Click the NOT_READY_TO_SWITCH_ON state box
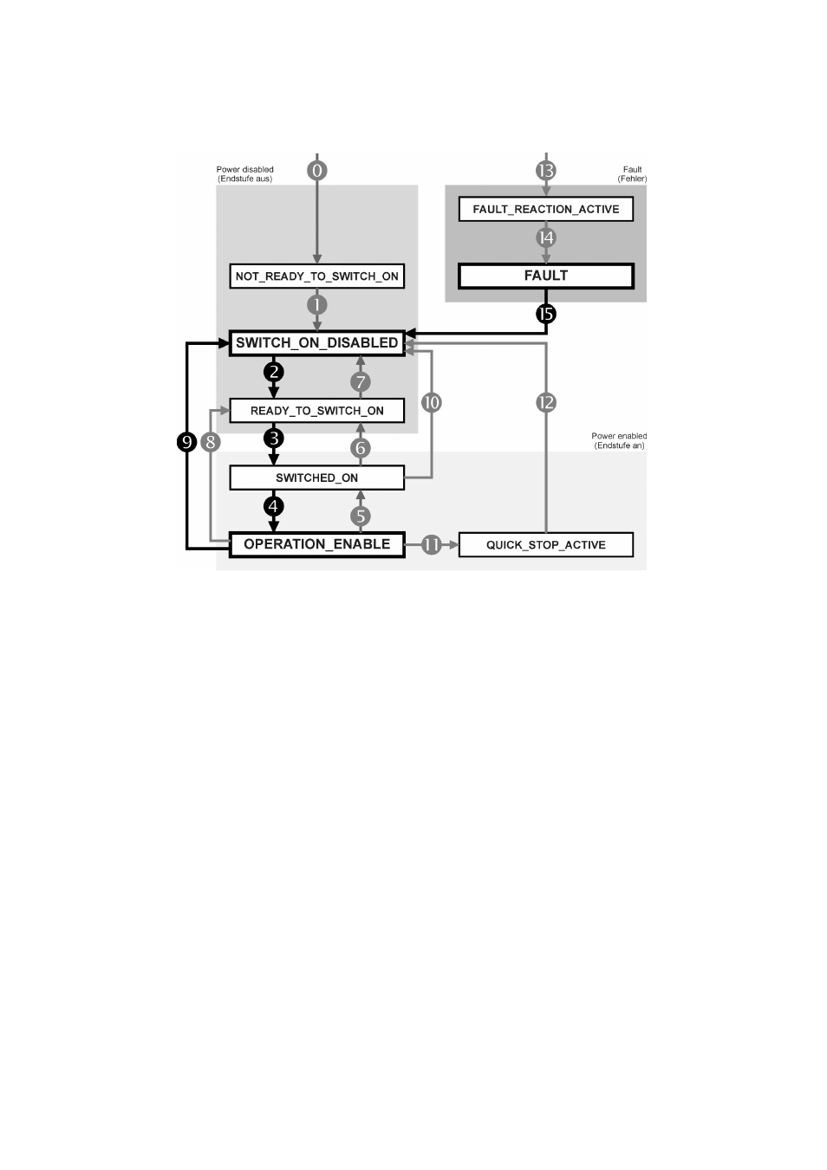point(316,276)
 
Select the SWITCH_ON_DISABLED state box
point(316,343)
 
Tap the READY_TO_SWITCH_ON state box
point(316,411)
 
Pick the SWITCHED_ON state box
point(316,478)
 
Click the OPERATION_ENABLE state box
point(316,545)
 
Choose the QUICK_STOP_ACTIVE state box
point(546,545)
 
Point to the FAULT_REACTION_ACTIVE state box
point(546,209)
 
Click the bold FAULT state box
point(546,276)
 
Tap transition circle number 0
point(316,170)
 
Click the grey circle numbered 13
point(546,170)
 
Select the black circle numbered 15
point(546,314)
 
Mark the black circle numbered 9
point(186,442)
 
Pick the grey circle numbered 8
point(211,442)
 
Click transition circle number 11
point(432,545)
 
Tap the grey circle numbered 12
point(546,403)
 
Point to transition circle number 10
point(432,403)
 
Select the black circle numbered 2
point(273,373)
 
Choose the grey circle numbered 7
point(361,382)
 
